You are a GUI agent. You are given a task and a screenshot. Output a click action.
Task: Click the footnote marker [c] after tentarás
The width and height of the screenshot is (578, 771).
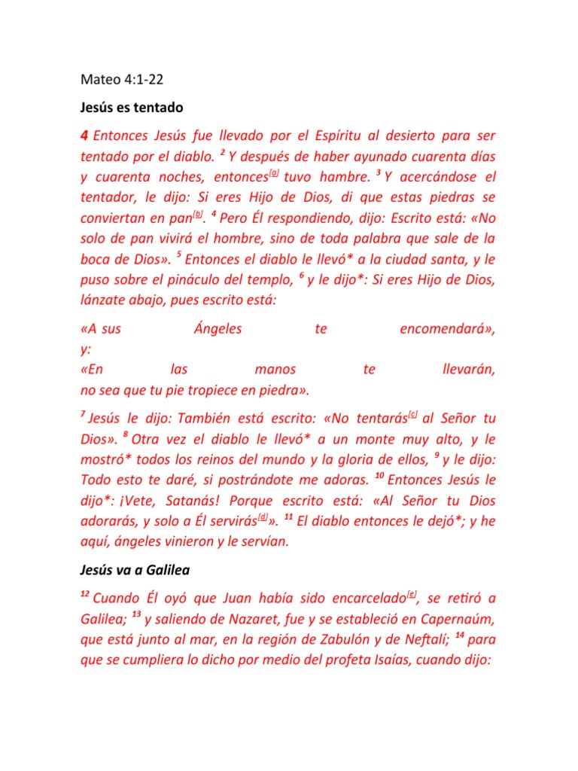[412, 414]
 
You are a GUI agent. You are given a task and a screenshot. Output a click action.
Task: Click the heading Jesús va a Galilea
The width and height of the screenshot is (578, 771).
[135, 570]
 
